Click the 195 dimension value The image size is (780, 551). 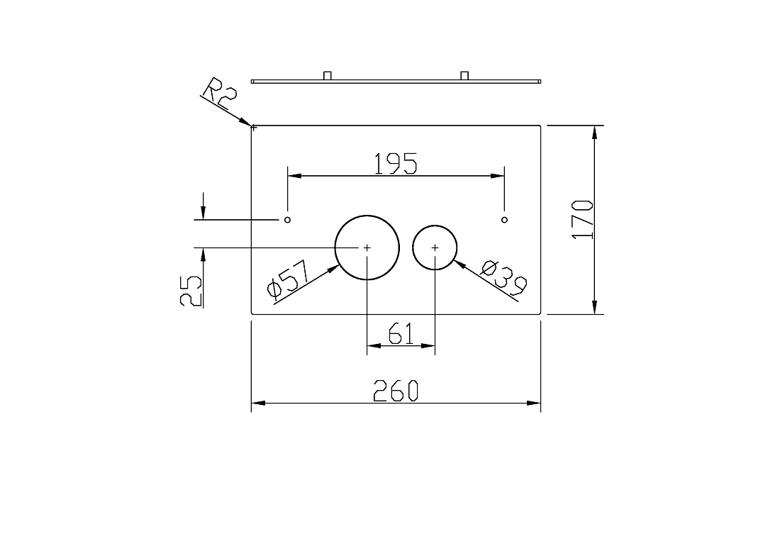pos(396,164)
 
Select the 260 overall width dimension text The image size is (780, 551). pos(396,390)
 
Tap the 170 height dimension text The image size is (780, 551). pos(582,220)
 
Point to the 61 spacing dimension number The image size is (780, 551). pos(401,333)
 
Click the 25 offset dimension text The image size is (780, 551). pos(191,291)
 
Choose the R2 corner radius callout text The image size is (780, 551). pos(219,94)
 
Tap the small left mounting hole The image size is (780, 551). pos(287,220)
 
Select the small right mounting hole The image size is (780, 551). pos(504,220)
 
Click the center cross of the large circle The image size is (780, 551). pos(367,247)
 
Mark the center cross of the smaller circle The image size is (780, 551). pos(435,247)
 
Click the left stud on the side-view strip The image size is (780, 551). pos(328,76)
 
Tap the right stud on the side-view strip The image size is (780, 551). pos(464,76)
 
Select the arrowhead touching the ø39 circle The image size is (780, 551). pos(459,265)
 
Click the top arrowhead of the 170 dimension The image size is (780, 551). pos(594,132)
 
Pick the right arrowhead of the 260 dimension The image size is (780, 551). pos(534,403)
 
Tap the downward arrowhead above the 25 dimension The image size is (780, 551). pos(203,212)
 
